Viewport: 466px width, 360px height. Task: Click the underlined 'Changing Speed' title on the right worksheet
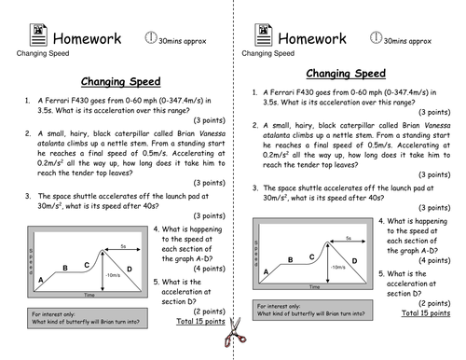pyautogui.click(x=346, y=73)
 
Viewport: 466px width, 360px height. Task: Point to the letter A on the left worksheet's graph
pyautogui.click(x=42, y=278)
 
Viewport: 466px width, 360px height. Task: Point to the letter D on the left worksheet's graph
pyautogui.click(x=130, y=269)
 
